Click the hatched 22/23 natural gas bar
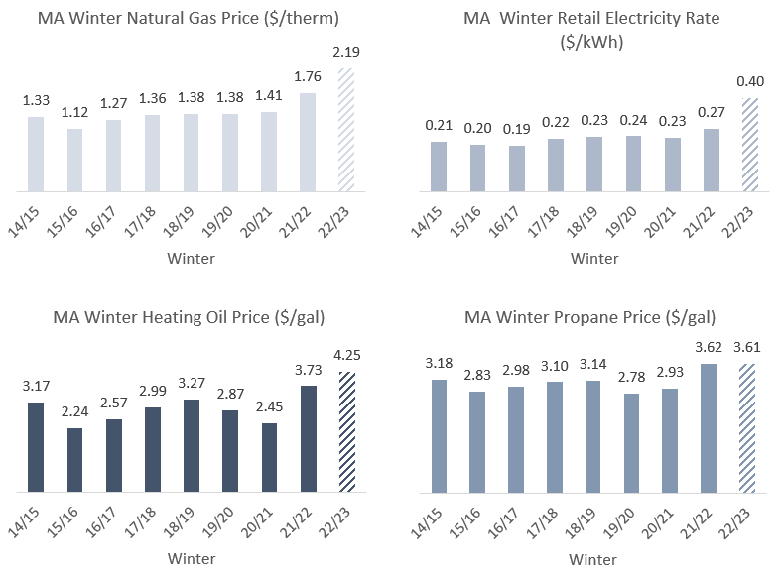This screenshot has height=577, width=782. coord(346,130)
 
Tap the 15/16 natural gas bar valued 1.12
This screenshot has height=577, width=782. coord(74,160)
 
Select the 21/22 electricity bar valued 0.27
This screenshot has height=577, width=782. coord(711,160)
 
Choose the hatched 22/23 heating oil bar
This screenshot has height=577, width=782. coord(346,431)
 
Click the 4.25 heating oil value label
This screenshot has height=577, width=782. coord(346,356)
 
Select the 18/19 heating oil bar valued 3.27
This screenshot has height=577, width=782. coord(192,445)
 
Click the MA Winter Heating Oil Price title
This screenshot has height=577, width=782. coord(188,317)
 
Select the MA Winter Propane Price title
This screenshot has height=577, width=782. coord(590,317)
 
